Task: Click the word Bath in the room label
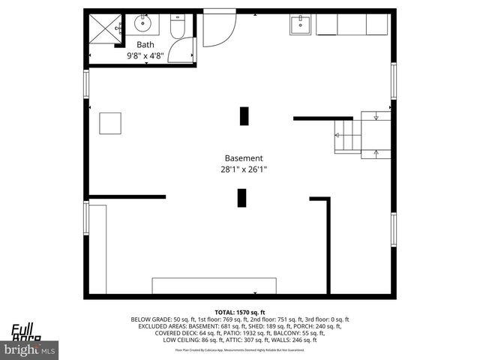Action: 145,44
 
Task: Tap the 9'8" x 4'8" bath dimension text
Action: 145,55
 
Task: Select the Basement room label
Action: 244,158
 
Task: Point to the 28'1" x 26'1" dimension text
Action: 244,169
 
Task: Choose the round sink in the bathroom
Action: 143,24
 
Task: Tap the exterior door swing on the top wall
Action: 218,28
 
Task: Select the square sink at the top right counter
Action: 301,25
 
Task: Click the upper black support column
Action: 244,116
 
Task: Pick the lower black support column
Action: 242,198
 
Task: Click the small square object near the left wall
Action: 110,123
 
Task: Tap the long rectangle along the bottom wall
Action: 214,286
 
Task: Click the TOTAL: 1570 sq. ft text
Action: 240,311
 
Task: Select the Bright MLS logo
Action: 29,349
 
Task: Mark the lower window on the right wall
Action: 392,229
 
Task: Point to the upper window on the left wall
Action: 86,83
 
